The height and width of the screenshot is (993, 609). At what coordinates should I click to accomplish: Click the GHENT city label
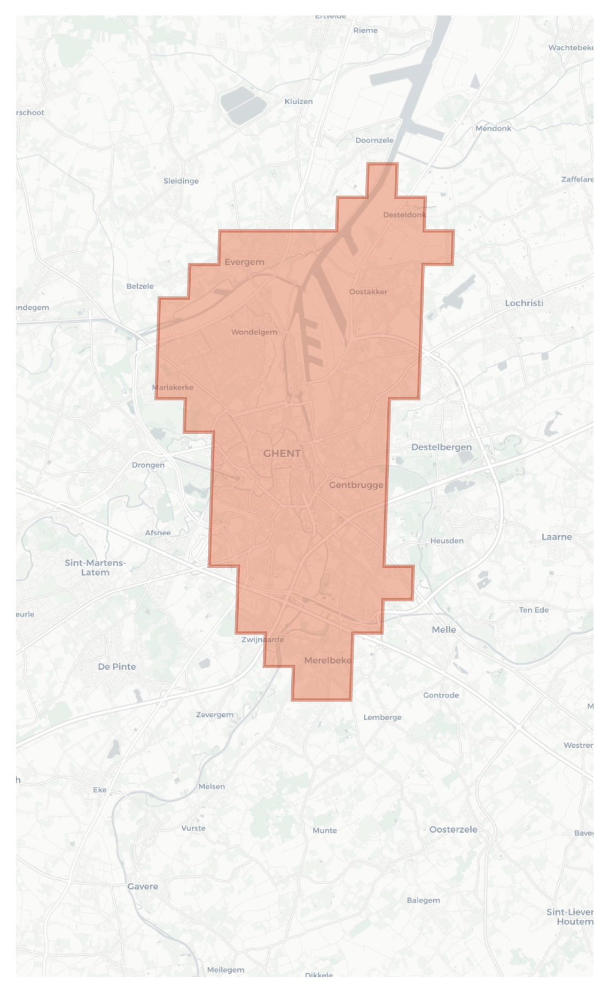(282, 454)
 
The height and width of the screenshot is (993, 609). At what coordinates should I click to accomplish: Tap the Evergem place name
(244, 262)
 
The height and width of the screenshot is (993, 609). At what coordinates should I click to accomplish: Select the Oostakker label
(368, 292)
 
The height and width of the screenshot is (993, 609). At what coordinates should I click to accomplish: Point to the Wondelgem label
(254, 332)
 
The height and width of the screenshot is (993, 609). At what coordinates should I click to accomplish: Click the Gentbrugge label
(356, 485)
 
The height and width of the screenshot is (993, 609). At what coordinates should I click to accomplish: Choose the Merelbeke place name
(327, 660)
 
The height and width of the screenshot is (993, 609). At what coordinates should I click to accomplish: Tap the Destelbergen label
(441, 447)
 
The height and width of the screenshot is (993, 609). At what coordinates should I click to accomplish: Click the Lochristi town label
(524, 303)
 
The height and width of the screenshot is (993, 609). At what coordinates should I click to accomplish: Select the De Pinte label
(116, 667)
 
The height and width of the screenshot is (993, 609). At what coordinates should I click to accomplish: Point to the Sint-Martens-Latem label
(95, 567)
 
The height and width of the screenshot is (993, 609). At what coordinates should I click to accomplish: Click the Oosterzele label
(453, 830)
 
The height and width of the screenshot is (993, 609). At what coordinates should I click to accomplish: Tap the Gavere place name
(143, 886)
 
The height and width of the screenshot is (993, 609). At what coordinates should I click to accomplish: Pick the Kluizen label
(299, 101)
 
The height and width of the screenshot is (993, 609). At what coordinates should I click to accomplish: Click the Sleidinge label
(181, 181)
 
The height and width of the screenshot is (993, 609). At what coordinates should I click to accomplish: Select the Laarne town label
(556, 537)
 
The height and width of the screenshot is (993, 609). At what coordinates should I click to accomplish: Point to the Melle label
(443, 630)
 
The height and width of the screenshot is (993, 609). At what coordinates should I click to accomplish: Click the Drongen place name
(148, 465)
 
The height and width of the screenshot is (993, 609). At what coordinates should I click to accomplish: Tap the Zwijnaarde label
(262, 639)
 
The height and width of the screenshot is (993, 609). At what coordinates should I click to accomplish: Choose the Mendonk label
(493, 128)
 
